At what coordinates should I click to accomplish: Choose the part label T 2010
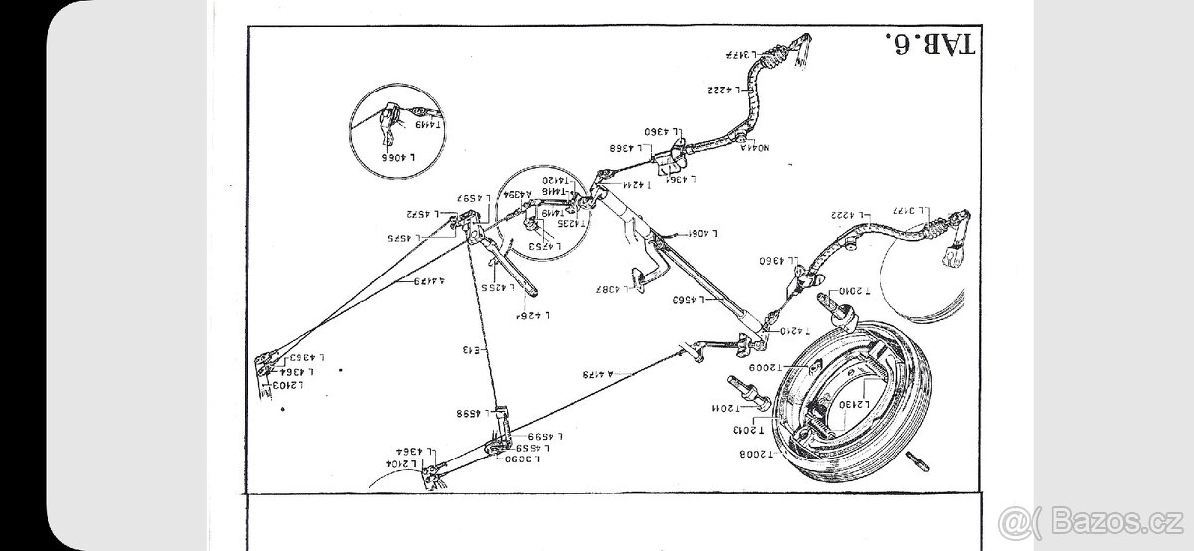pyautogui.click(x=854, y=292)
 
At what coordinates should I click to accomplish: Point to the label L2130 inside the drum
pyautogui.click(x=855, y=406)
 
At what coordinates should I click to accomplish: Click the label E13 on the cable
pyautogui.click(x=471, y=349)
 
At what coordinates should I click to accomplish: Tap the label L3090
pyautogui.click(x=523, y=459)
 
